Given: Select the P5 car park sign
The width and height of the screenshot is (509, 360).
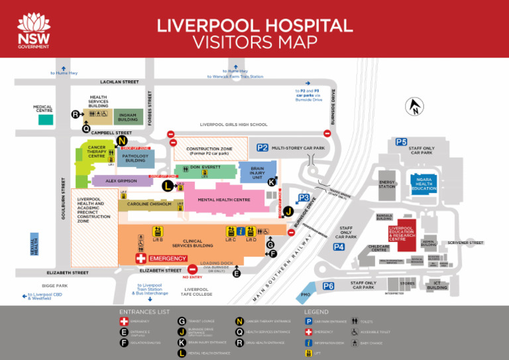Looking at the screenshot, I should [x=402, y=142].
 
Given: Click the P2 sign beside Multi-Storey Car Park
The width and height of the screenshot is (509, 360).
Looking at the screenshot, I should [x=262, y=148].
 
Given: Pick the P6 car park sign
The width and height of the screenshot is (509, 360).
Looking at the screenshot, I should [x=328, y=286].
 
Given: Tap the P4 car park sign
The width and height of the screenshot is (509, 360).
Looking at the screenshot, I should [x=339, y=247].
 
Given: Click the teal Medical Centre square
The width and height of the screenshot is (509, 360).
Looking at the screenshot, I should [x=45, y=120].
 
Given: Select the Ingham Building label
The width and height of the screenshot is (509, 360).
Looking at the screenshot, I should [x=128, y=117].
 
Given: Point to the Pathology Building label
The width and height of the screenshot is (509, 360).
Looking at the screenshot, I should [x=135, y=158].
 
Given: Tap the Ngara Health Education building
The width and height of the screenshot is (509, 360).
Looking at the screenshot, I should [x=424, y=184].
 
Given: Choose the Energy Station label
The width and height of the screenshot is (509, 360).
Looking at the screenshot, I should [x=387, y=184].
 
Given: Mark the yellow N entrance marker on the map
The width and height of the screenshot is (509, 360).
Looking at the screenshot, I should [x=121, y=141].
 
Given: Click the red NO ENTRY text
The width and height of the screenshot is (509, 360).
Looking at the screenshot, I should [x=192, y=277].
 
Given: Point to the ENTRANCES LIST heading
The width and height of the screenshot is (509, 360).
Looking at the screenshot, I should [x=144, y=311].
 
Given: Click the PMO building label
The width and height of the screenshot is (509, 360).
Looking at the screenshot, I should [x=306, y=294].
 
